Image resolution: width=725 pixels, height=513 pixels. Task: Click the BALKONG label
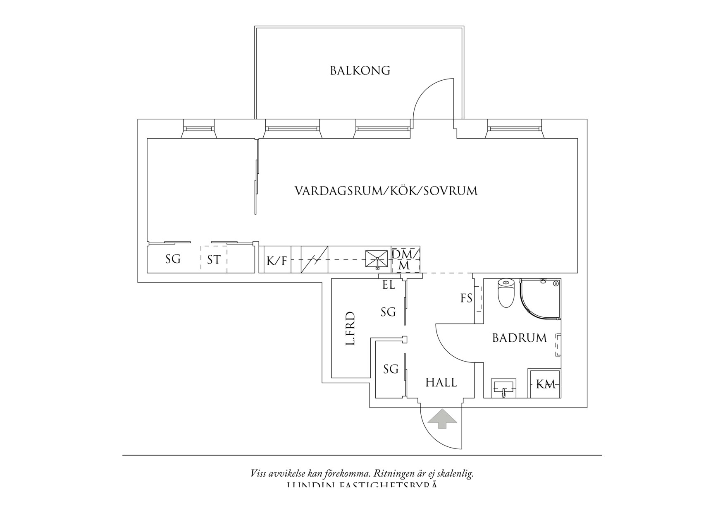pos(360,71)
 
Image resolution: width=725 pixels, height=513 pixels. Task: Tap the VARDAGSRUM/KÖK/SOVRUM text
pos(386,191)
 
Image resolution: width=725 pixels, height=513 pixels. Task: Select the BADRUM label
pos(520,338)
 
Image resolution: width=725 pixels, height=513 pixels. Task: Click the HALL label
pos(441,383)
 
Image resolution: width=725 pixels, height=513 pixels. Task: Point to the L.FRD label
pos(351,329)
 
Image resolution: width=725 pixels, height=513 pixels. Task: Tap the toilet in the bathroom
pos(505,293)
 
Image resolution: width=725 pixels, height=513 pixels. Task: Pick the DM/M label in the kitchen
pos(405,260)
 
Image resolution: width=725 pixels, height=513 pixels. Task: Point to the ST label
pos(214,260)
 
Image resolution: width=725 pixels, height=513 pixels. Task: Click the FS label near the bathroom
pos(466,298)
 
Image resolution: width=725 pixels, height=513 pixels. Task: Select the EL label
pos(389,285)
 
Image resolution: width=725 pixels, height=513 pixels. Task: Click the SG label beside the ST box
pos(173,259)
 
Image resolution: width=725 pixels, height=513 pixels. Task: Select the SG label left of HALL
pos(391,369)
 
